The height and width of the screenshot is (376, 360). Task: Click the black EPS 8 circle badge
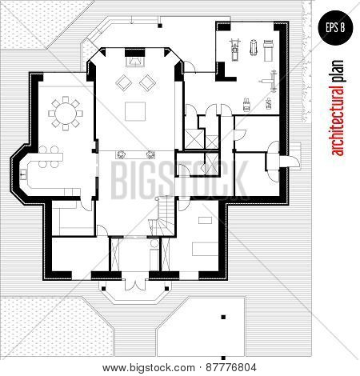335,27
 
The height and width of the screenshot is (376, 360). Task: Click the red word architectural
337,120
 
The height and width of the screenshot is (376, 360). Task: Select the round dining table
66,114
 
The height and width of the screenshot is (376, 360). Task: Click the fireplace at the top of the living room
134,61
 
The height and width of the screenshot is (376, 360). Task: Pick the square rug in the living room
135,111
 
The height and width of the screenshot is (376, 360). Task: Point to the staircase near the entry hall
162,216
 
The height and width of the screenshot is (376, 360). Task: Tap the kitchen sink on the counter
23,174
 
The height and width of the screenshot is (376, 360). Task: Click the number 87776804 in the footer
231,368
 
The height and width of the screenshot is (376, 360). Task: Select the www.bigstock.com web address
149,368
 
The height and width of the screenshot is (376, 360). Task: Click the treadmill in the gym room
235,50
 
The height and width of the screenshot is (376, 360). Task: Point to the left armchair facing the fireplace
124,82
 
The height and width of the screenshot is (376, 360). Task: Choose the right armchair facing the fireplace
147,82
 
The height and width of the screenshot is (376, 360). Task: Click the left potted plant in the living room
121,154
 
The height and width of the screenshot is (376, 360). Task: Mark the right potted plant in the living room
150,154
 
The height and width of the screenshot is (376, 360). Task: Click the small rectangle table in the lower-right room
205,220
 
